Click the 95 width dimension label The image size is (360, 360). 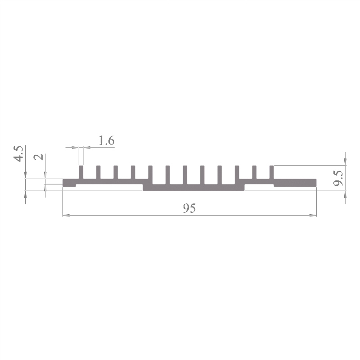click(189, 208)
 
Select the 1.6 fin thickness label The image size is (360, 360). click(107, 140)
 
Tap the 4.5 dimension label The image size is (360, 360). click(18, 153)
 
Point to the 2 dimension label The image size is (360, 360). click(38, 157)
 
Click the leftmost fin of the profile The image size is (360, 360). click(81, 172)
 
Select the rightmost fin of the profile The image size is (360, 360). click(272, 172)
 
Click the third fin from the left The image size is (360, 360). click(116, 172)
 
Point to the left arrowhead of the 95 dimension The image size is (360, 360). click(66, 216)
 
